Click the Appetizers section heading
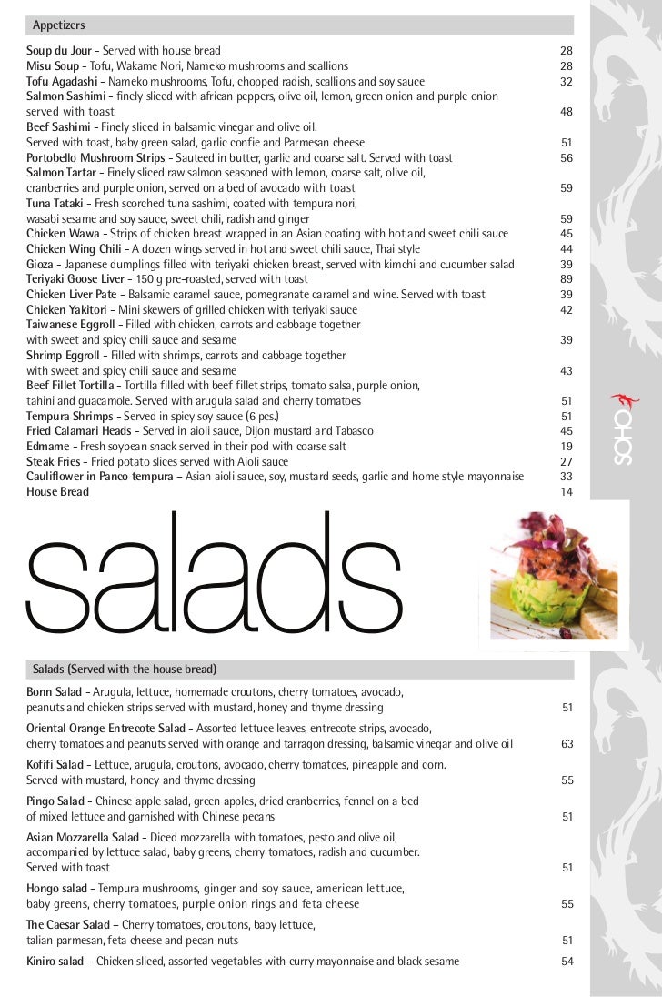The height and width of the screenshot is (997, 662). [x=59, y=25]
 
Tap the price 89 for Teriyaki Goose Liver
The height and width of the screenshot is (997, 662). [x=567, y=279]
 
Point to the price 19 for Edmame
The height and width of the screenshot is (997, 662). [x=567, y=447]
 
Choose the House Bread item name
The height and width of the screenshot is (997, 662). [x=57, y=492]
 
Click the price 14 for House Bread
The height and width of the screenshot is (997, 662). [x=567, y=492]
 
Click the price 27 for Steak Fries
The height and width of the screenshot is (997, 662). [x=567, y=462]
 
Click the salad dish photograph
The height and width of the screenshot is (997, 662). [x=554, y=577]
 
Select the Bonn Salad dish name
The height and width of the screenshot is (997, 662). [x=55, y=692]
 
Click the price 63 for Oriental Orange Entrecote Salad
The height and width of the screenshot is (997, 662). [x=567, y=744]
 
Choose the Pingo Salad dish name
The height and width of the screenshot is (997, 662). [x=56, y=801]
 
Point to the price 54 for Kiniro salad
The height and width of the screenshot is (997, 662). [x=567, y=962]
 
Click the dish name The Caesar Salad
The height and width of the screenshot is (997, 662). [x=68, y=925]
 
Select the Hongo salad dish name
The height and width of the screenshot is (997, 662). [x=56, y=889]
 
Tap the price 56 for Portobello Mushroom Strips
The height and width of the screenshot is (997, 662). [x=567, y=157]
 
